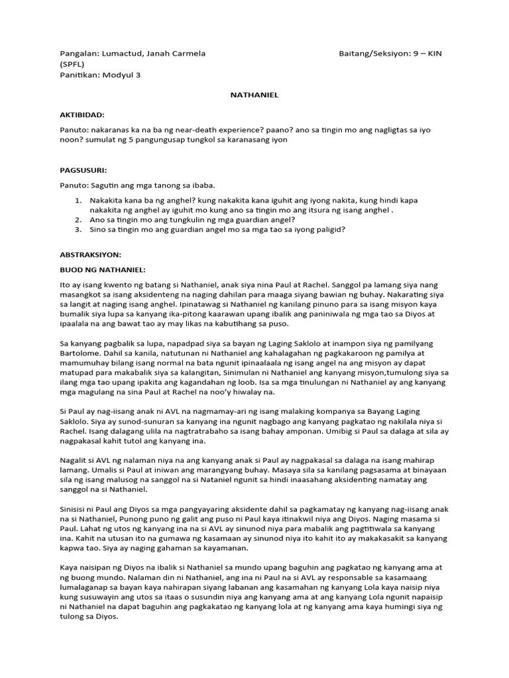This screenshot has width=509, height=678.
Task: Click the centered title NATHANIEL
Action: [x=254, y=95]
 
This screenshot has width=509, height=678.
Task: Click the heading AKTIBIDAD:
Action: [x=82, y=115]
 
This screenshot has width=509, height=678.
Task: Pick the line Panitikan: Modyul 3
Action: [x=100, y=75]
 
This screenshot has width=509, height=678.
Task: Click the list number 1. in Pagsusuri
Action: [x=78, y=200]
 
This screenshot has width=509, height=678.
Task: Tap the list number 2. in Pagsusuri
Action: [x=78, y=219]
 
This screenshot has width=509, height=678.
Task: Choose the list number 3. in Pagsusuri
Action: [x=78, y=230]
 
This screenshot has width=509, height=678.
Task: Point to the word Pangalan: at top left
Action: [x=79, y=53]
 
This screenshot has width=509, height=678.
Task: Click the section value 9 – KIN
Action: [x=427, y=53]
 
